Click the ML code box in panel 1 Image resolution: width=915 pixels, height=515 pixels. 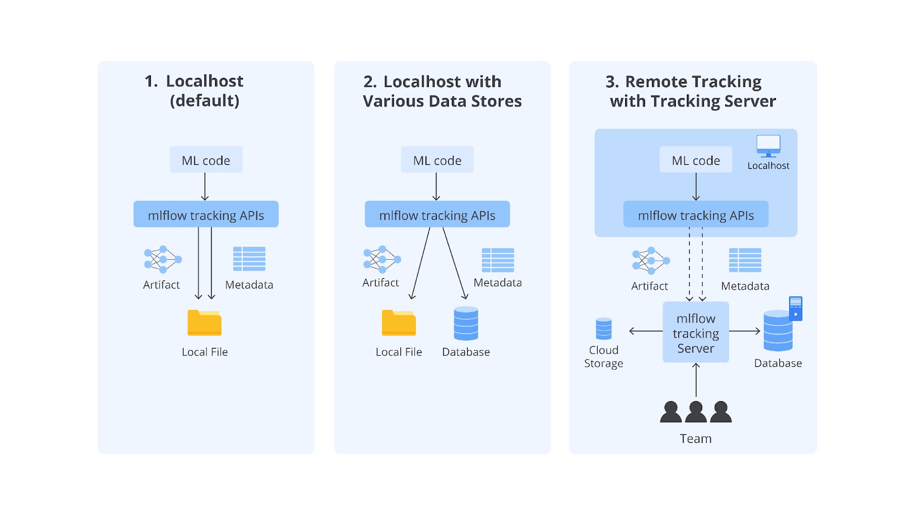tap(206, 160)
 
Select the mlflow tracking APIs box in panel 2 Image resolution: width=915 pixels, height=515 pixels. tap(437, 215)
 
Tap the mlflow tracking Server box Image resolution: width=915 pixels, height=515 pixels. tap(695, 332)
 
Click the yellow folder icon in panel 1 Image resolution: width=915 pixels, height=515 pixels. tap(204, 323)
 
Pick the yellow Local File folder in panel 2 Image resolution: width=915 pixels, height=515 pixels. tap(399, 323)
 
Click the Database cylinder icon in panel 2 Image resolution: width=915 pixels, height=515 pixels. tap(466, 323)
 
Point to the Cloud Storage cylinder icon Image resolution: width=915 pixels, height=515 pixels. tap(603, 329)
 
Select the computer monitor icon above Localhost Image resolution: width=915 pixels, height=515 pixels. tap(768, 145)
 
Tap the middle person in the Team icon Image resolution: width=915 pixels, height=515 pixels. tap(695, 412)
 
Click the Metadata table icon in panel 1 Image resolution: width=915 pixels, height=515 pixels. tap(249, 259)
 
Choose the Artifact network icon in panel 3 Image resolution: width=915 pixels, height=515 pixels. tap(650, 260)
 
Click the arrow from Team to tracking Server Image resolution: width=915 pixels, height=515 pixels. tap(696, 380)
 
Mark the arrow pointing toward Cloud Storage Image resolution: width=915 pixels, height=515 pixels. tap(645, 331)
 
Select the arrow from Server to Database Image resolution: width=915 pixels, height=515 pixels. tap(745, 331)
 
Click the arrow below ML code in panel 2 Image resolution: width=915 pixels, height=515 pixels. tap(436, 187)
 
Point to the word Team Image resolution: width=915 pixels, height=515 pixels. tap(695, 439)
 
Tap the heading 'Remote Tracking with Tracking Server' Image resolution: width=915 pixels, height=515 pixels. tap(692, 92)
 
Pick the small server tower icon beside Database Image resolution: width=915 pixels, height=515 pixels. tap(795, 308)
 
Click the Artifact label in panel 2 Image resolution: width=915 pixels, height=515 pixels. tap(380, 283)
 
